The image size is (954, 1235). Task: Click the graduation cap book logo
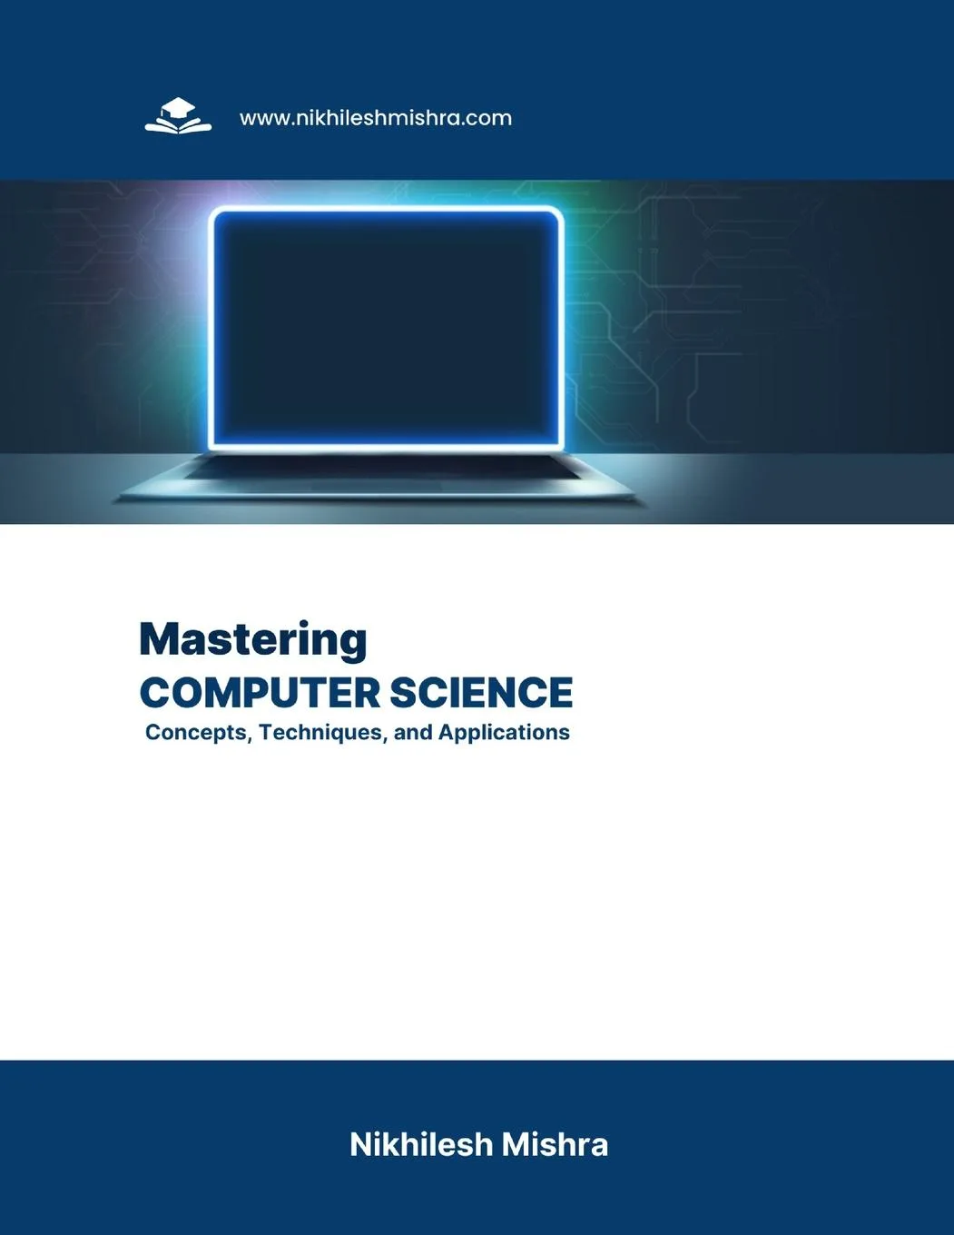pyautogui.click(x=178, y=117)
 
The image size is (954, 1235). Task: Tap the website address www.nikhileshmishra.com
pyautogui.click(x=375, y=118)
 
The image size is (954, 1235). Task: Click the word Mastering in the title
pyautogui.click(x=253, y=639)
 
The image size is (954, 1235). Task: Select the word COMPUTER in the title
pyautogui.click(x=260, y=693)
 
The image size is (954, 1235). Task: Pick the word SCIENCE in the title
pyautogui.click(x=481, y=693)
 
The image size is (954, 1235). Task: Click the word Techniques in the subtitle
pyautogui.click(x=323, y=732)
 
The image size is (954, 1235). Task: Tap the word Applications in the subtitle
pyautogui.click(x=504, y=732)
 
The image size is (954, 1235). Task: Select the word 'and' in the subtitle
pyautogui.click(x=413, y=732)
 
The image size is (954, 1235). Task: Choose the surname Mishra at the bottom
pyautogui.click(x=555, y=1144)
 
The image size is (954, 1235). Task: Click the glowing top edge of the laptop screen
pyautogui.click(x=387, y=212)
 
